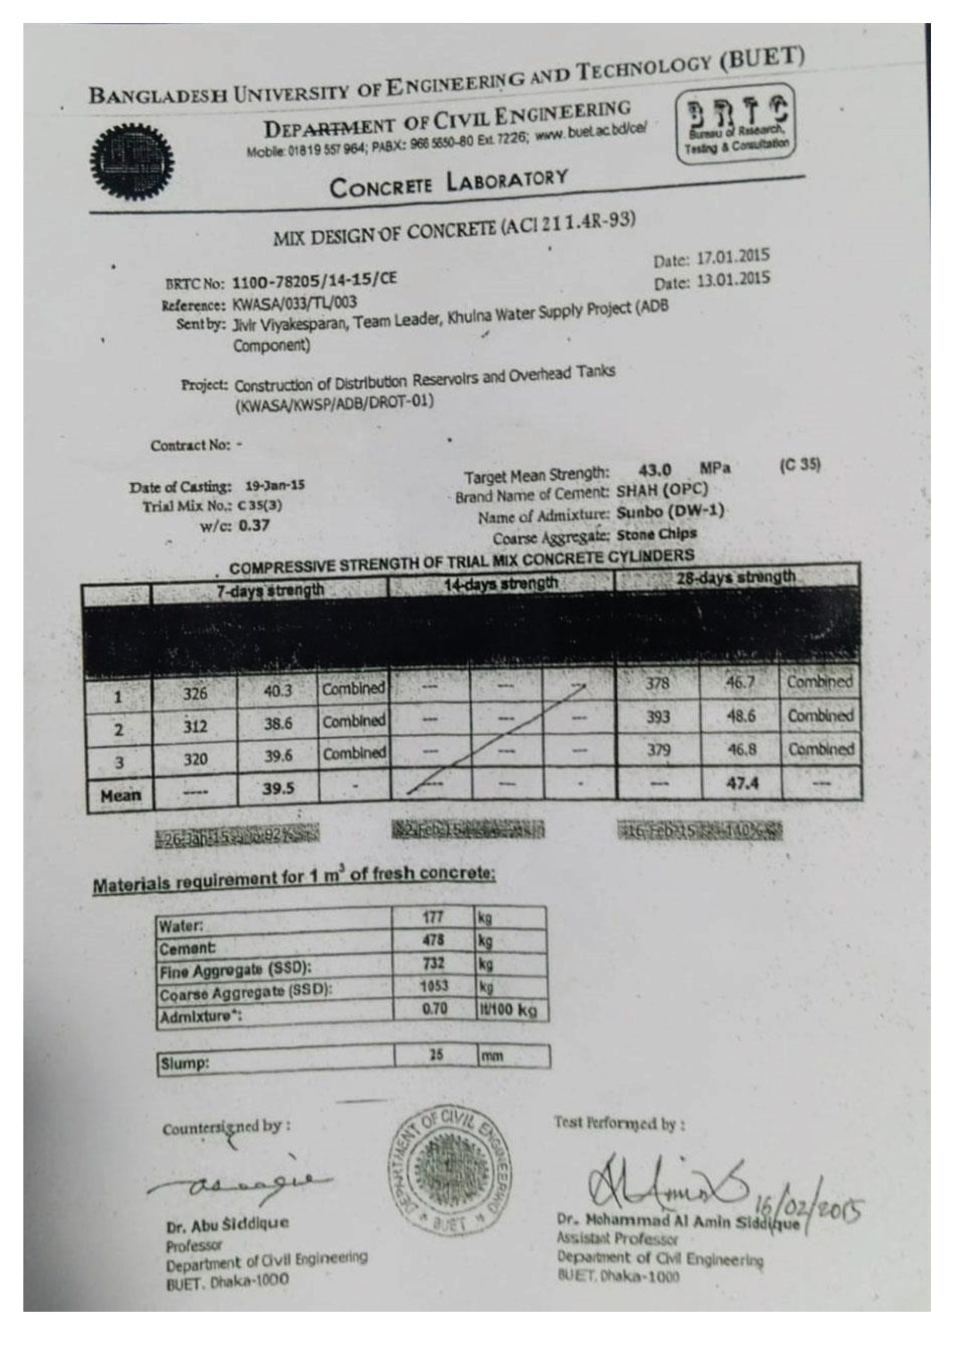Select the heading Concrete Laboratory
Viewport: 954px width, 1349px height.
[x=448, y=182]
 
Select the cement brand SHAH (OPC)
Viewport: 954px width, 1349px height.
[x=662, y=490]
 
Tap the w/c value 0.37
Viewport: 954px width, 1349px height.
[x=254, y=525]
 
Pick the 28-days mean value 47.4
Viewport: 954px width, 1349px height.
[x=741, y=783]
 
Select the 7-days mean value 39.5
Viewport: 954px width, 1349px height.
[x=278, y=788]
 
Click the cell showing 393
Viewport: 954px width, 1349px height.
[x=657, y=717]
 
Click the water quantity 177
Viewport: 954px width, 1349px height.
[x=433, y=917]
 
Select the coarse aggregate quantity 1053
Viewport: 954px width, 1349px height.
[x=433, y=986]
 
